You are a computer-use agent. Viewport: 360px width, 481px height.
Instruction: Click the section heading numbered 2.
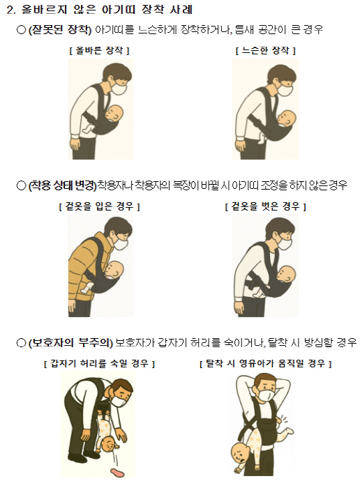100,10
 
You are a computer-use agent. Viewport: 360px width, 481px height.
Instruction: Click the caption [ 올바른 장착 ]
100,50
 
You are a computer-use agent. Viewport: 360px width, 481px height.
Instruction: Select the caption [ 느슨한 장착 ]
266,50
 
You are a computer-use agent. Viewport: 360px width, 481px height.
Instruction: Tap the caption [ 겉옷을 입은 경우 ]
100,206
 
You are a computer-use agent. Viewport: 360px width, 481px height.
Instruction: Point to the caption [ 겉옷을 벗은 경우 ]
266,206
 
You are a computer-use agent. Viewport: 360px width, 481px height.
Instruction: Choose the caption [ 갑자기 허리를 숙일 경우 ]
100,363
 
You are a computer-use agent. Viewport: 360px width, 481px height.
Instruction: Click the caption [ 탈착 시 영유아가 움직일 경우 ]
266,363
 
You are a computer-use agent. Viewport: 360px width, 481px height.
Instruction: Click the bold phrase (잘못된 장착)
60,30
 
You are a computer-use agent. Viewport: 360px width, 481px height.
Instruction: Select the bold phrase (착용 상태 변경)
62,185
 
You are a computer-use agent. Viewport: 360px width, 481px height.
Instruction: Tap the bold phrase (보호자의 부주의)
70,342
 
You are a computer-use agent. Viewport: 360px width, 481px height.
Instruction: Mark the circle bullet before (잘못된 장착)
21,30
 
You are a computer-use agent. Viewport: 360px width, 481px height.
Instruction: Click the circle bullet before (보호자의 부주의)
21,343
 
